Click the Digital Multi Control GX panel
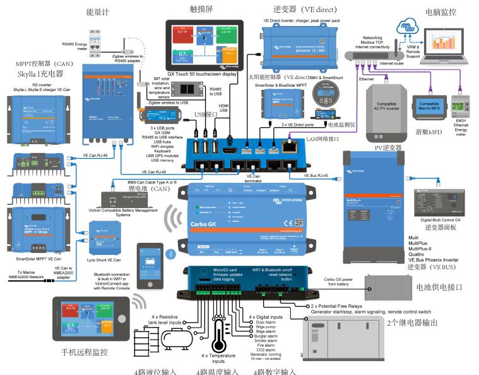tap(438, 203)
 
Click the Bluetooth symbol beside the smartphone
tap(169, 253)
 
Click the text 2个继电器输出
tap(419, 322)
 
